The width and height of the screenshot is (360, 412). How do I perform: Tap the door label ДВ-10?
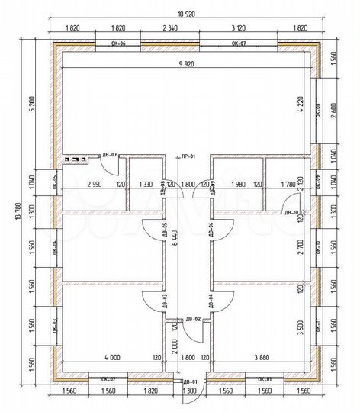[x=290, y=214]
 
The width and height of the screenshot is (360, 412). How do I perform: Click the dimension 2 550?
[x=95, y=184]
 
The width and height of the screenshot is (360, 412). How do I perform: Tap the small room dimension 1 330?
[x=145, y=184]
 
